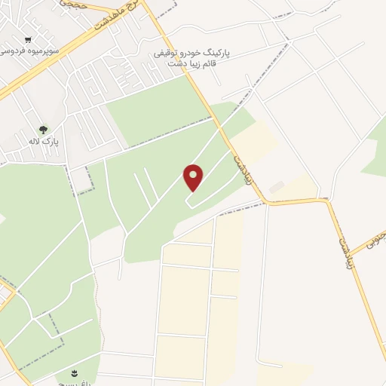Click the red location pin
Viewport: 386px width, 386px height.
[x=194, y=178]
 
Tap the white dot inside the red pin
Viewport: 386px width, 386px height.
[x=194, y=174]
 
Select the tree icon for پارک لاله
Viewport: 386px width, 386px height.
[x=42, y=130]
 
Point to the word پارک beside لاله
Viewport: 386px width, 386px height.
[x=51, y=141]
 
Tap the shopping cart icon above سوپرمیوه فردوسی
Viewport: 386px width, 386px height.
[x=29, y=40]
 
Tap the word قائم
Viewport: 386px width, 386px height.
[x=232, y=64]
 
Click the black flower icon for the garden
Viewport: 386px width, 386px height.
[x=75, y=373]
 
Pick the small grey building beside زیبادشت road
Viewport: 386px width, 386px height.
[x=277, y=185]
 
